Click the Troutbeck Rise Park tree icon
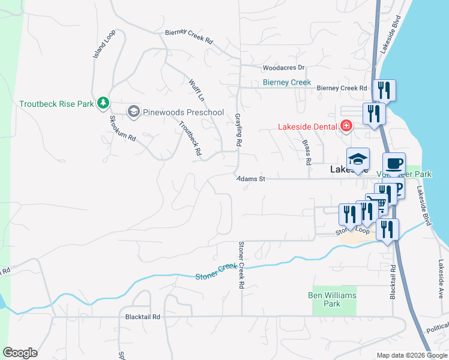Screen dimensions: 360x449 click(103, 103)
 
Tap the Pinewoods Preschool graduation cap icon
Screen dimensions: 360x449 click(133, 112)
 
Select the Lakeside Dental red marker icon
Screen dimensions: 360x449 click(346, 126)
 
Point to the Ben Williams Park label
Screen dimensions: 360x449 click(332, 299)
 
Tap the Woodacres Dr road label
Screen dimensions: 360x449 click(283, 68)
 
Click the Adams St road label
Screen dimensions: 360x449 click(250, 179)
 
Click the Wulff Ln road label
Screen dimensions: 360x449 click(196, 90)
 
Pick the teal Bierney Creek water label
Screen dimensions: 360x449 click(287, 82)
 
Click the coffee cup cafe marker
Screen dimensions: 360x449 click(394, 164)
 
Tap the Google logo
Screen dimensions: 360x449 click(20, 353)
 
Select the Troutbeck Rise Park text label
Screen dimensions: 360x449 click(56, 104)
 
